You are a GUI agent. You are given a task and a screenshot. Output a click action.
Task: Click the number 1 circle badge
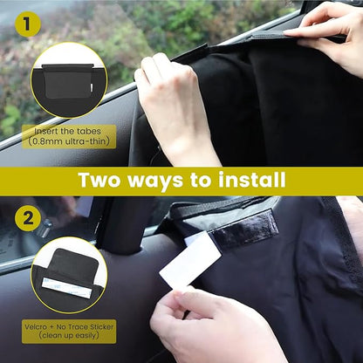pyautogui.click(x=32, y=24)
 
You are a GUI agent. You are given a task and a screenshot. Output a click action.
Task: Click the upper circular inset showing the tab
pyautogui.click(x=68, y=80)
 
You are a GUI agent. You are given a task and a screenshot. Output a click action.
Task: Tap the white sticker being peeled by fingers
pyautogui.click(x=189, y=262)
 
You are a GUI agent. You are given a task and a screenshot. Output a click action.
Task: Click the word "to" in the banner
pyautogui.click(x=208, y=181)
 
